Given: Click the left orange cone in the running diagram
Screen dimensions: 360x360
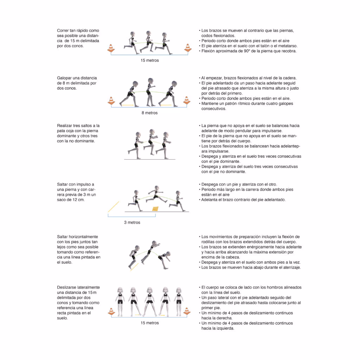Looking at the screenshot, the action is click(111, 48).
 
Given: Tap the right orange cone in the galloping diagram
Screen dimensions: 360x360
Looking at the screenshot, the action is click(187, 100).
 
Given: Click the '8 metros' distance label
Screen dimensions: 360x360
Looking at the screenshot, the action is click(149, 113).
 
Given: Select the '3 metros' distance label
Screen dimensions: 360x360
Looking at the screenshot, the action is click(132, 223).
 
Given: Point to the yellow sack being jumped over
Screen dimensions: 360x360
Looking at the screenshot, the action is click(155, 208).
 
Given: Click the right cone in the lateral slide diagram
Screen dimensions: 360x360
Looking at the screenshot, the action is click(187, 311).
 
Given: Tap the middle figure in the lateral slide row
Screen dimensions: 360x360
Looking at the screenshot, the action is click(150, 301).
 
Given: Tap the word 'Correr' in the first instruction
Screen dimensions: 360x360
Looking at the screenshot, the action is click(63, 31).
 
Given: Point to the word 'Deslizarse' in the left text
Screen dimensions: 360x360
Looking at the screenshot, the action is click(66, 288).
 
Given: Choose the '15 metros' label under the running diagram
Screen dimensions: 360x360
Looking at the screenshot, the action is click(150, 60).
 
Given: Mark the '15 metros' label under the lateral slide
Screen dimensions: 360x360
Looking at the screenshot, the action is click(150, 323).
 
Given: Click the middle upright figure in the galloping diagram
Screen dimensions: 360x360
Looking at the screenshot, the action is click(150, 92).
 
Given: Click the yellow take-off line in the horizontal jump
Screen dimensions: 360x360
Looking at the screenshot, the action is click(134, 267).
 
